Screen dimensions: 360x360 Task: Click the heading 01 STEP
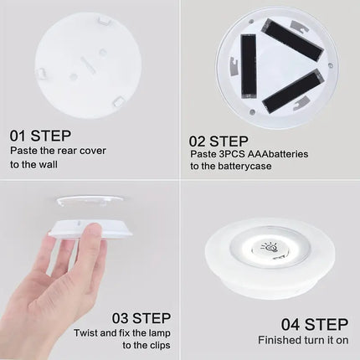pyautogui.click(x=39, y=135)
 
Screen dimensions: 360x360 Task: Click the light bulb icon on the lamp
pyautogui.click(x=270, y=248)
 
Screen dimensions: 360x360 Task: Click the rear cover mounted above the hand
pyautogui.click(x=90, y=202)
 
